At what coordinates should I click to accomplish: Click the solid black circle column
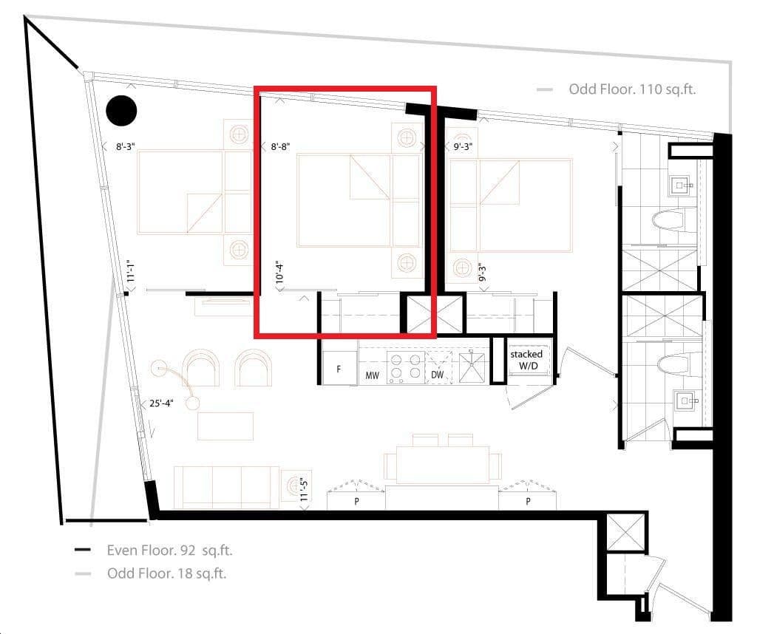pyautogui.click(x=121, y=111)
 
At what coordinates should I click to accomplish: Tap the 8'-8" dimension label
pyautogui.click(x=280, y=146)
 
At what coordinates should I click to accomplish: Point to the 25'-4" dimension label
pyautogui.click(x=161, y=403)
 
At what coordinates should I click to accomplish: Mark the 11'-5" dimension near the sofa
pyautogui.click(x=304, y=489)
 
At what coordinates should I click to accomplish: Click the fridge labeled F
pyautogui.click(x=339, y=369)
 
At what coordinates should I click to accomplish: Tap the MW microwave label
pyautogui.click(x=372, y=376)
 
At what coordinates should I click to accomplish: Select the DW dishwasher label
pyautogui.click(x=438, y=376)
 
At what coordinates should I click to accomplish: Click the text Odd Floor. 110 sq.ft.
pyautogui.click(x=632, y=89)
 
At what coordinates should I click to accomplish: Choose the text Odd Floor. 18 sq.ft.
pyautogui.click(x=166, y=573)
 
